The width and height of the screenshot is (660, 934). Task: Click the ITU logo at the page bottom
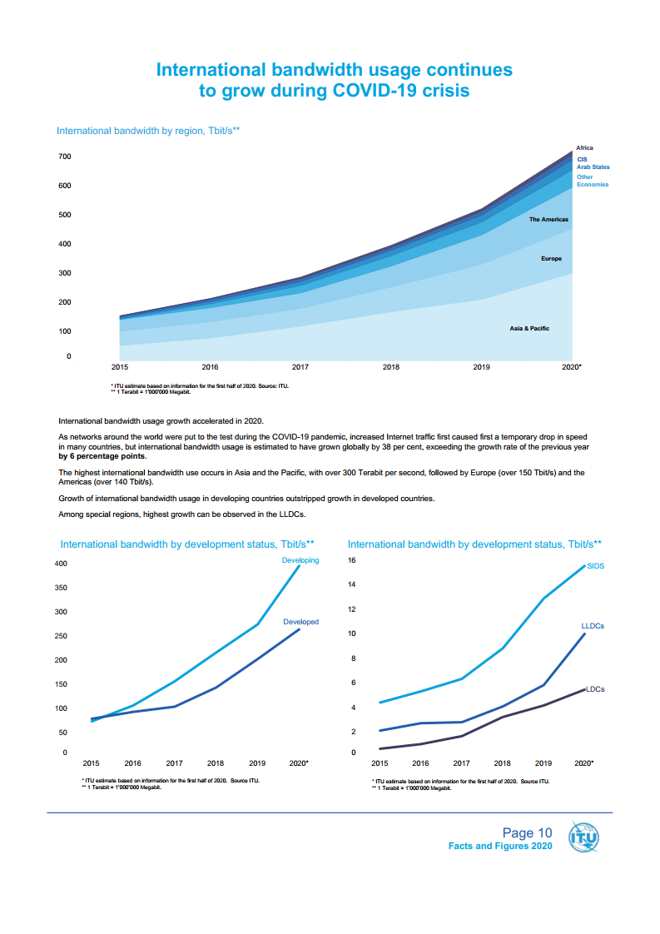click(x=583, y=837)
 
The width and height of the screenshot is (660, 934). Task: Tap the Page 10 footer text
click(x=527, y=832)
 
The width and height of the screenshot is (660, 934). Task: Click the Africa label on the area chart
click(x=585, y=147)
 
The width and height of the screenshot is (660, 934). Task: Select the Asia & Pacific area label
click(x=529, y=329)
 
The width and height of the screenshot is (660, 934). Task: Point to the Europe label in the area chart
click(x=551, y=259)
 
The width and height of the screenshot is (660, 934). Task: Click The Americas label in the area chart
click(x=548, y=220)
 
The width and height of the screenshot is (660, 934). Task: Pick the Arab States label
click(x=593, y=167)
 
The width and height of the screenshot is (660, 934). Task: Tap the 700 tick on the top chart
click(x=64, y=156)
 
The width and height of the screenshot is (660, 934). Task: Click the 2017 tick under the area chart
click(x=300, y=366)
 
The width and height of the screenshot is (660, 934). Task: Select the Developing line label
click(x=300, y=560)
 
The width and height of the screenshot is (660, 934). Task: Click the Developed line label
click(x=300, y=622)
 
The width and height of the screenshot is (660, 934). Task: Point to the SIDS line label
click(x=595, y=566)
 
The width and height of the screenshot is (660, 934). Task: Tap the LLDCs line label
click(x=593, y=626)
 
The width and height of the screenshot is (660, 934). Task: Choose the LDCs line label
click(x=595, y=689)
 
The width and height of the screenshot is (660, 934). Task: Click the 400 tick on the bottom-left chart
click(x=60, y=564)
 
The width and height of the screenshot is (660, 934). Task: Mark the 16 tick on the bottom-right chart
click(x=352, y=560)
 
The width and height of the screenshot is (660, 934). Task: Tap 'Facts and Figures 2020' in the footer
click(x=500, y=846)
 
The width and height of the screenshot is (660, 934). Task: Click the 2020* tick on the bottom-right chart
click(x=584, y=763)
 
